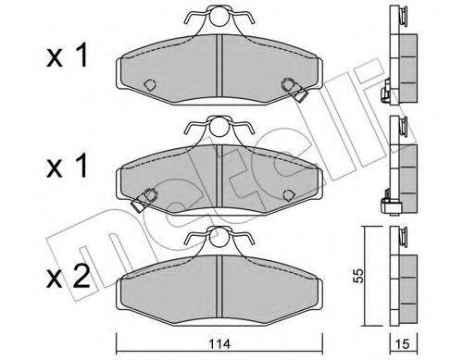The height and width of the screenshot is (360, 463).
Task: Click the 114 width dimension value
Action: (219, 343)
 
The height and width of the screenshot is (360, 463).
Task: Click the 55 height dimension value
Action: (358, 276)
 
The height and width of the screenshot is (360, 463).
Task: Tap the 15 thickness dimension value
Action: (403, 343)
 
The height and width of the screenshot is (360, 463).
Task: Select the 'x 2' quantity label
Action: (68, 277)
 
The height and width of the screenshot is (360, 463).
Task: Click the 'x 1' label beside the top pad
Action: (67, 56)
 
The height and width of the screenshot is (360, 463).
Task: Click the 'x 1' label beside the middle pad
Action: (67, 167)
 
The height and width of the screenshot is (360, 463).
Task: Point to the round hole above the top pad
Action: (219, 18)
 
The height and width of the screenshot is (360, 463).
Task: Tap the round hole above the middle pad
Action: (219, 127)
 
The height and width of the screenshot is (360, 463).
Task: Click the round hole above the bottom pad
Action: (219, 238)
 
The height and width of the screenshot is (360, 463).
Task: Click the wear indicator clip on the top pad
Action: (295, 90)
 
